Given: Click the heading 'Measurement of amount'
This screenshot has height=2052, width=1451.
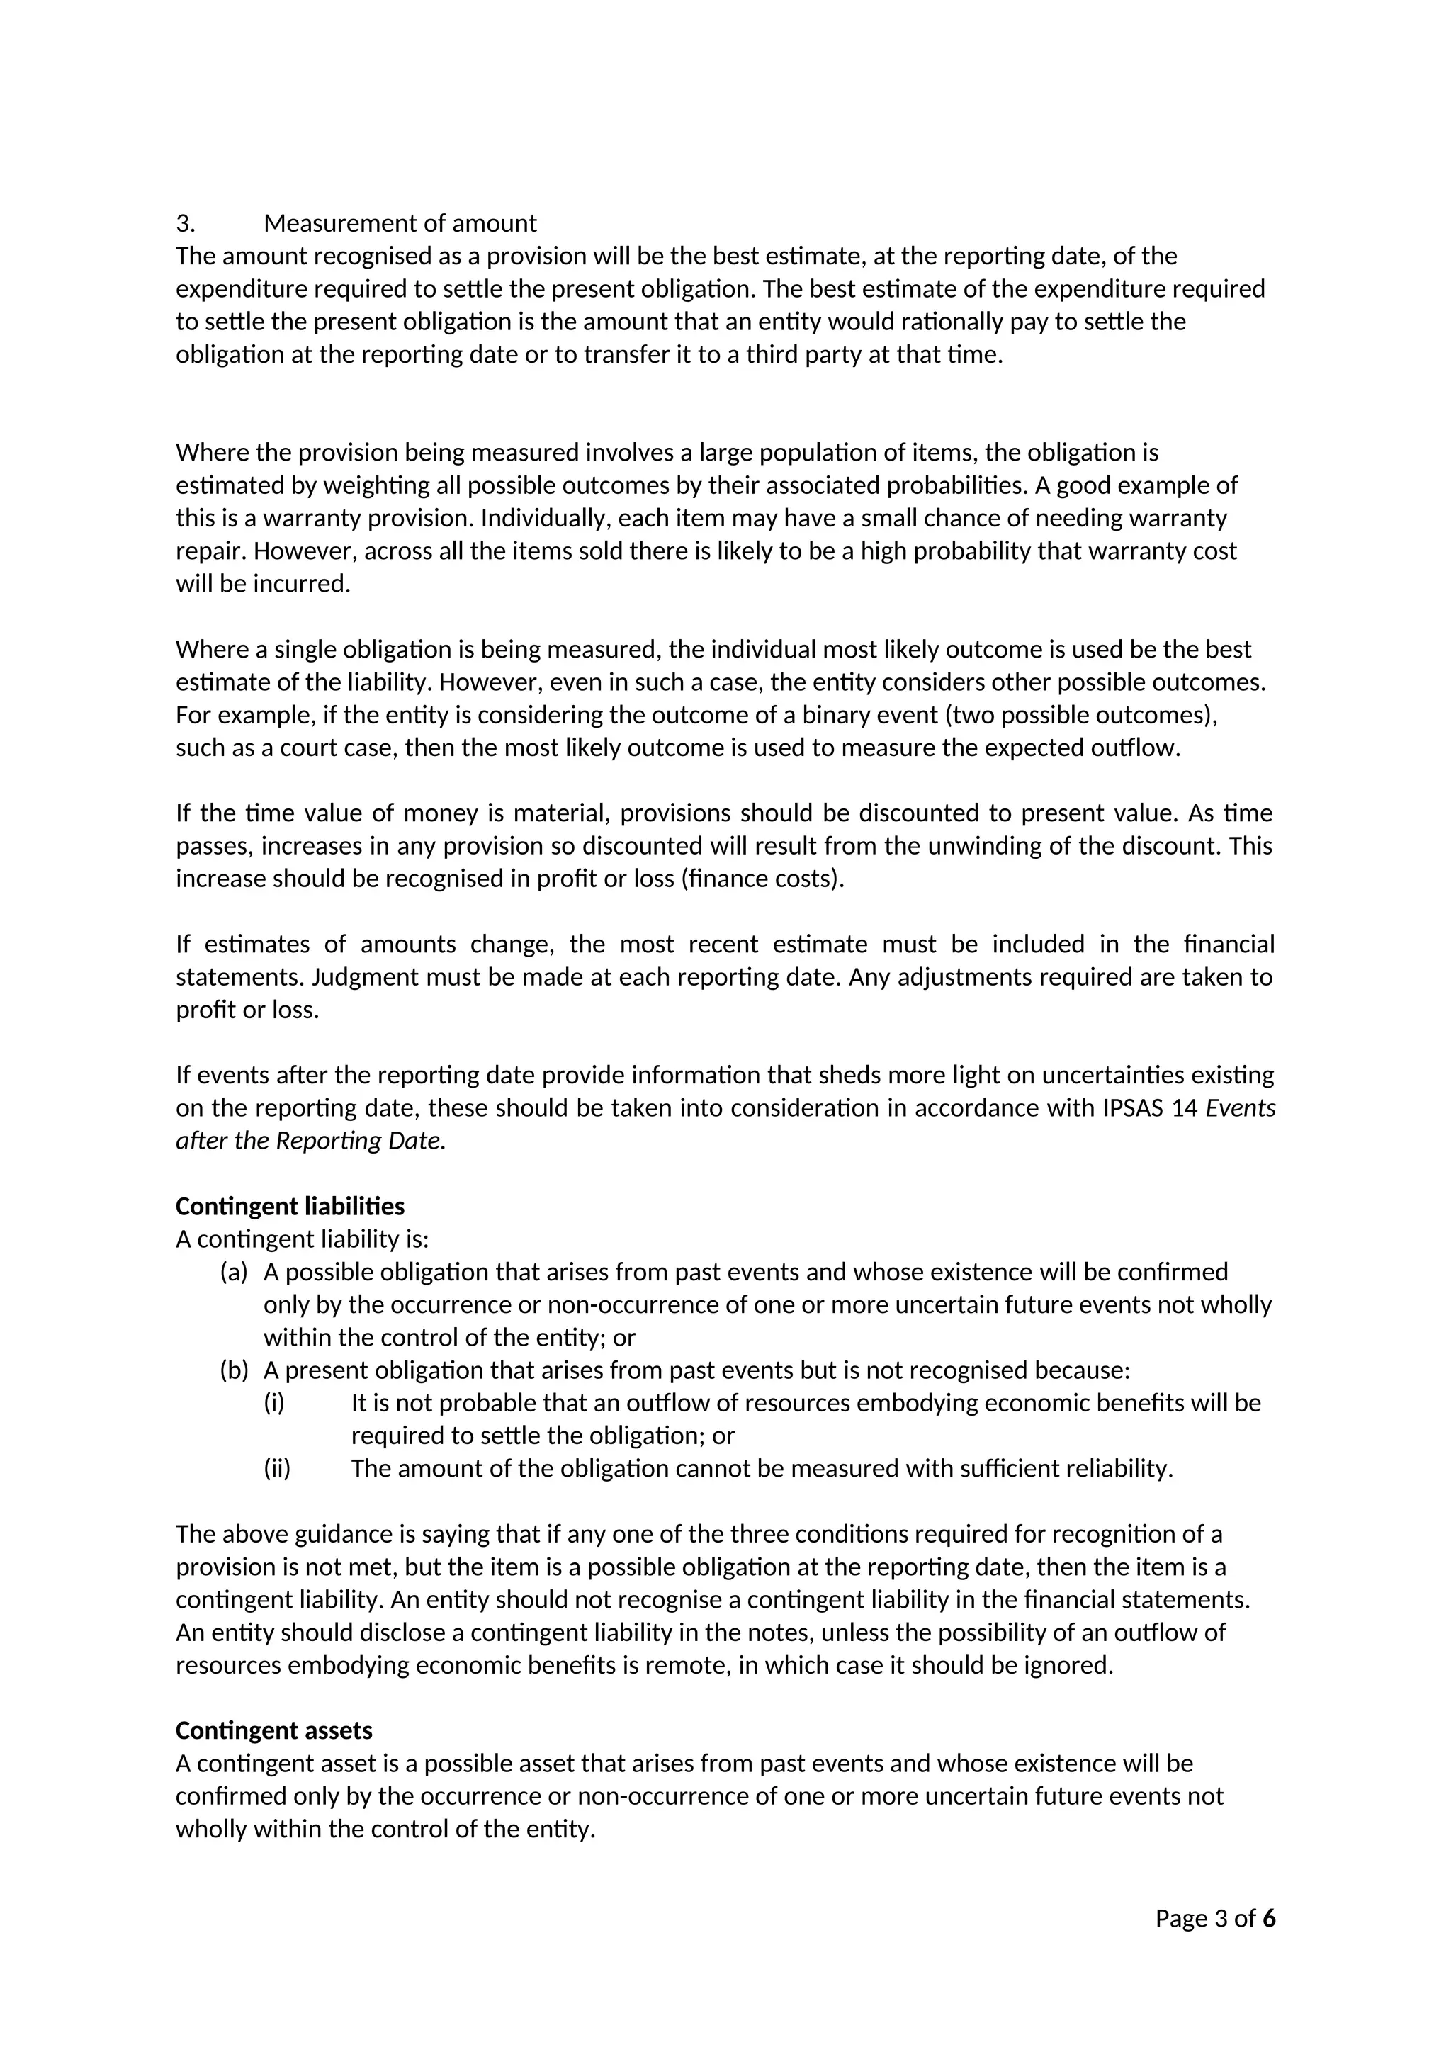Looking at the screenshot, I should point(400,222).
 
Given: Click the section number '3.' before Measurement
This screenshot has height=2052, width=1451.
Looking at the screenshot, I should point(185,222).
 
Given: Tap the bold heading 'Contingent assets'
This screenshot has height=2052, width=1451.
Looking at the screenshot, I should point(273,1730).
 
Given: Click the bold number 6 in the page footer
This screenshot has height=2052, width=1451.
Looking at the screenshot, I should point(1269,1918).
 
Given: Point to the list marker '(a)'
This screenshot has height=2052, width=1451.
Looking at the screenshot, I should point(233,1272).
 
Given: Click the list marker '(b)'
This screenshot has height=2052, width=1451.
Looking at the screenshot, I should point(233,1370).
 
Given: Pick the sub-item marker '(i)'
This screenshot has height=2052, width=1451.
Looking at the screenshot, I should point(273,1402).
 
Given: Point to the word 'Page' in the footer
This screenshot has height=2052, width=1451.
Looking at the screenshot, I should point(1180,1918).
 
